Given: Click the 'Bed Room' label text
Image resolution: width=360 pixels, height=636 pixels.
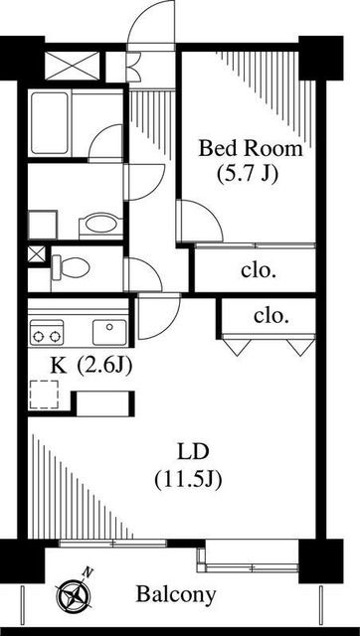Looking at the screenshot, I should [250, 149].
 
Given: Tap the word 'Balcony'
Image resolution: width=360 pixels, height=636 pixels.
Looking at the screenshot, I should [176, 595].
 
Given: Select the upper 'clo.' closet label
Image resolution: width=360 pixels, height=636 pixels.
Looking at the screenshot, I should [259, 269].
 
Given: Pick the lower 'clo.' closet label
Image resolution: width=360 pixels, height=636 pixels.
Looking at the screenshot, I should [270, 316].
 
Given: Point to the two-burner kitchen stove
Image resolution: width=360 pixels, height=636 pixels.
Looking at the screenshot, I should [47, 330].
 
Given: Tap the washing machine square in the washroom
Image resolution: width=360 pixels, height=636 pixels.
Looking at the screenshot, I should [44, 223].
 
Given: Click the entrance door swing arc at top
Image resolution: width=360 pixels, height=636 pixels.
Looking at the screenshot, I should [153, 24].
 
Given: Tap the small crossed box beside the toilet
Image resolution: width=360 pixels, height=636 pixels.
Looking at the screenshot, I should [37, 253].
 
